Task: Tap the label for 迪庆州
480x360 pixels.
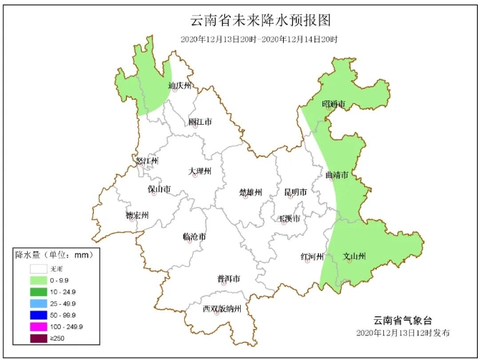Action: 181,85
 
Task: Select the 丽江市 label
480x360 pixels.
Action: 200,122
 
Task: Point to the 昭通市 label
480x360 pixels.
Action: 333,105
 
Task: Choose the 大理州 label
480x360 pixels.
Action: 200,171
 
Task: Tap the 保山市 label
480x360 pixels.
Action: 159,189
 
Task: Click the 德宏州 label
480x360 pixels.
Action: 137,215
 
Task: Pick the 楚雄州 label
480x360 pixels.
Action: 251,192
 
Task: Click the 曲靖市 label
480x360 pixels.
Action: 336,175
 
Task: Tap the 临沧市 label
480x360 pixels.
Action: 194,237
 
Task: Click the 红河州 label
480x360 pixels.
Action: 312,256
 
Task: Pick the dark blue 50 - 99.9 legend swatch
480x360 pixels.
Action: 39,315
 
